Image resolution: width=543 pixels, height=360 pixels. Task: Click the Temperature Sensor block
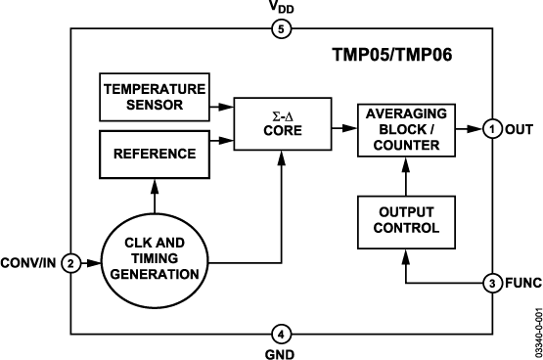[154, 96]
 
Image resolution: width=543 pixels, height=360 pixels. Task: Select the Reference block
[154, 154]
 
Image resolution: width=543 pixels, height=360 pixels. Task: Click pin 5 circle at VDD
[279, 28]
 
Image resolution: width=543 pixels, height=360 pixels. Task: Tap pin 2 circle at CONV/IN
[70, 263]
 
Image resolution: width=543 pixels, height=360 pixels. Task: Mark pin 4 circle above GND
[279, 333]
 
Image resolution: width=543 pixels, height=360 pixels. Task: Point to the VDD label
[279, 9]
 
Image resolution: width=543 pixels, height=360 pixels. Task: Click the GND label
[279, 351]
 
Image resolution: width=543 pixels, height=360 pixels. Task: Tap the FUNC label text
[521, 284]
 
